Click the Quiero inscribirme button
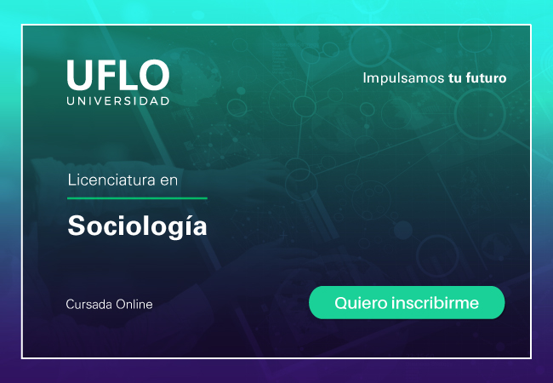407,303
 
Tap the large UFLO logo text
118,74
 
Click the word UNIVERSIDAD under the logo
118,101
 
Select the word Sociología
137,226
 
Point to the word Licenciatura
111,180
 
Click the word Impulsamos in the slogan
403,78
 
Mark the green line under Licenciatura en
137,198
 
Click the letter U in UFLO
79,75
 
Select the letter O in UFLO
154,74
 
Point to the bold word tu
455,78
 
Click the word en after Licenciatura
169,180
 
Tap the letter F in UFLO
105,74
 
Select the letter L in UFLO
126,74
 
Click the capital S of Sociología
77,226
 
